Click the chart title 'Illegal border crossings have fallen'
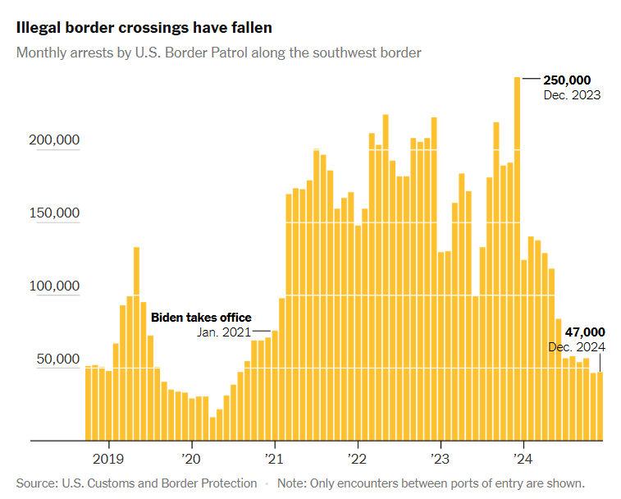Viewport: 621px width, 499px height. tap(144, 27)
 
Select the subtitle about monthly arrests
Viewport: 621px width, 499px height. tap(219, 53)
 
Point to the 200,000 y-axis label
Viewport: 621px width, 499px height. tap(53, 140)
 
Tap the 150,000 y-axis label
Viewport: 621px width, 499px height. tap(53, 213)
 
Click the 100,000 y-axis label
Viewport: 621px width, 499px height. tap(53, 286)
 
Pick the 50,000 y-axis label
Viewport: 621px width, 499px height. tap(57, 359)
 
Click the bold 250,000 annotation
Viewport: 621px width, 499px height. tap(567, 80)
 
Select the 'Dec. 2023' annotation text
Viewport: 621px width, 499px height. tap(572, 95)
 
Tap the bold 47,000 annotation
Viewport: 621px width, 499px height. tap(585, 332)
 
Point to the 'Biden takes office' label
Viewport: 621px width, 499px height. tap(201, 318)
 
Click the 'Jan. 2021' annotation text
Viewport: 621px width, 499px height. tap(225, 332)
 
